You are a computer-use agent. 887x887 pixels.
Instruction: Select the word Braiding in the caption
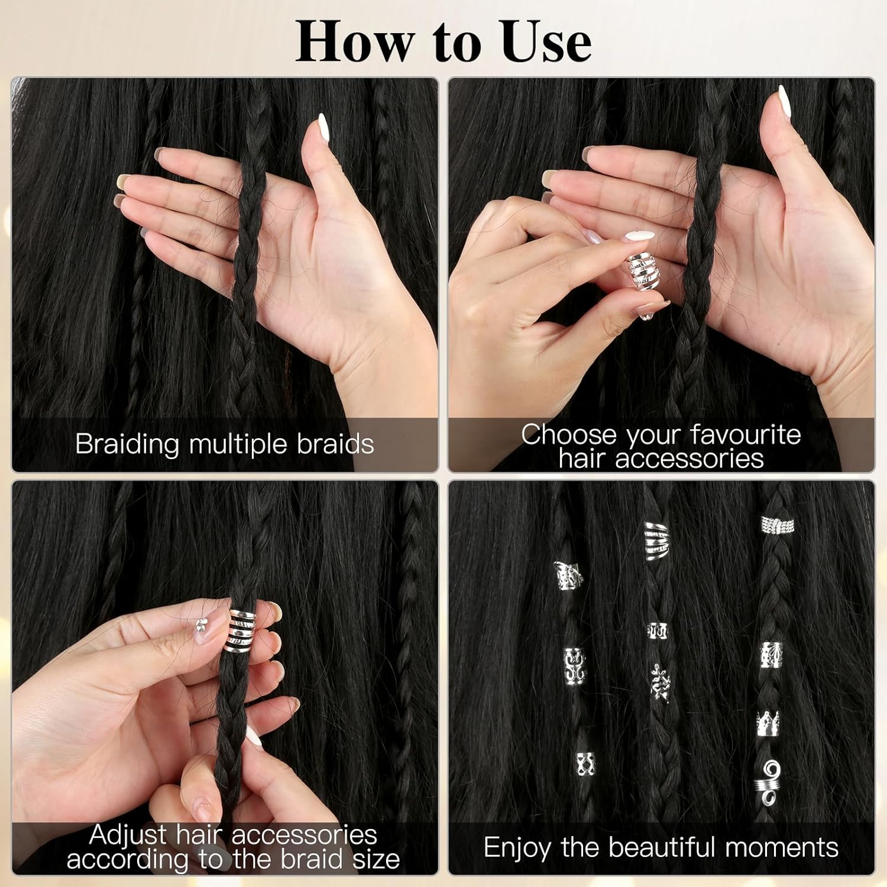pos(127,445)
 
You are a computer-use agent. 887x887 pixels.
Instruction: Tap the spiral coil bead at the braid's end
pos(768,781)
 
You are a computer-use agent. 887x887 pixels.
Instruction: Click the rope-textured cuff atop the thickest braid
pos(777,525)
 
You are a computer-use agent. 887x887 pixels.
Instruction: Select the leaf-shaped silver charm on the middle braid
pos(659,683)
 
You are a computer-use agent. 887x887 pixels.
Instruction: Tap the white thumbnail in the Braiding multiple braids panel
pos(323,125)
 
